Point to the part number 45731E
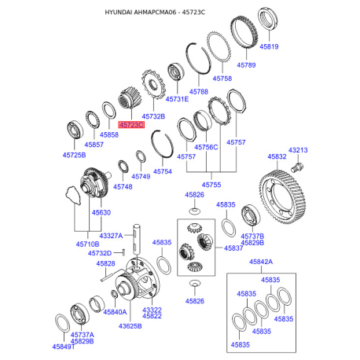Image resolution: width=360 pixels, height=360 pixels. point(178,100)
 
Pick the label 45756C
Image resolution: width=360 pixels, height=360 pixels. point(206,147)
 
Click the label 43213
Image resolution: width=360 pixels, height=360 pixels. point(298,149)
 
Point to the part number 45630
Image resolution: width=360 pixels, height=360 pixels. point(101,213)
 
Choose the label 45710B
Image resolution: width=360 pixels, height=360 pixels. point(88,244)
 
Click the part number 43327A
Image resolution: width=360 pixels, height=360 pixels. point(111,236)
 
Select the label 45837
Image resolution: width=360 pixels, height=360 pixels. point(233,248)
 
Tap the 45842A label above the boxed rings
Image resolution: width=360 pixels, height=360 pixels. point(261,261)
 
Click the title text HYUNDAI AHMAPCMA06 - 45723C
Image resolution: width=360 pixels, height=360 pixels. point(180,13)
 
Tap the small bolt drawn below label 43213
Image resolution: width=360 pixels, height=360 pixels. point(297,167)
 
